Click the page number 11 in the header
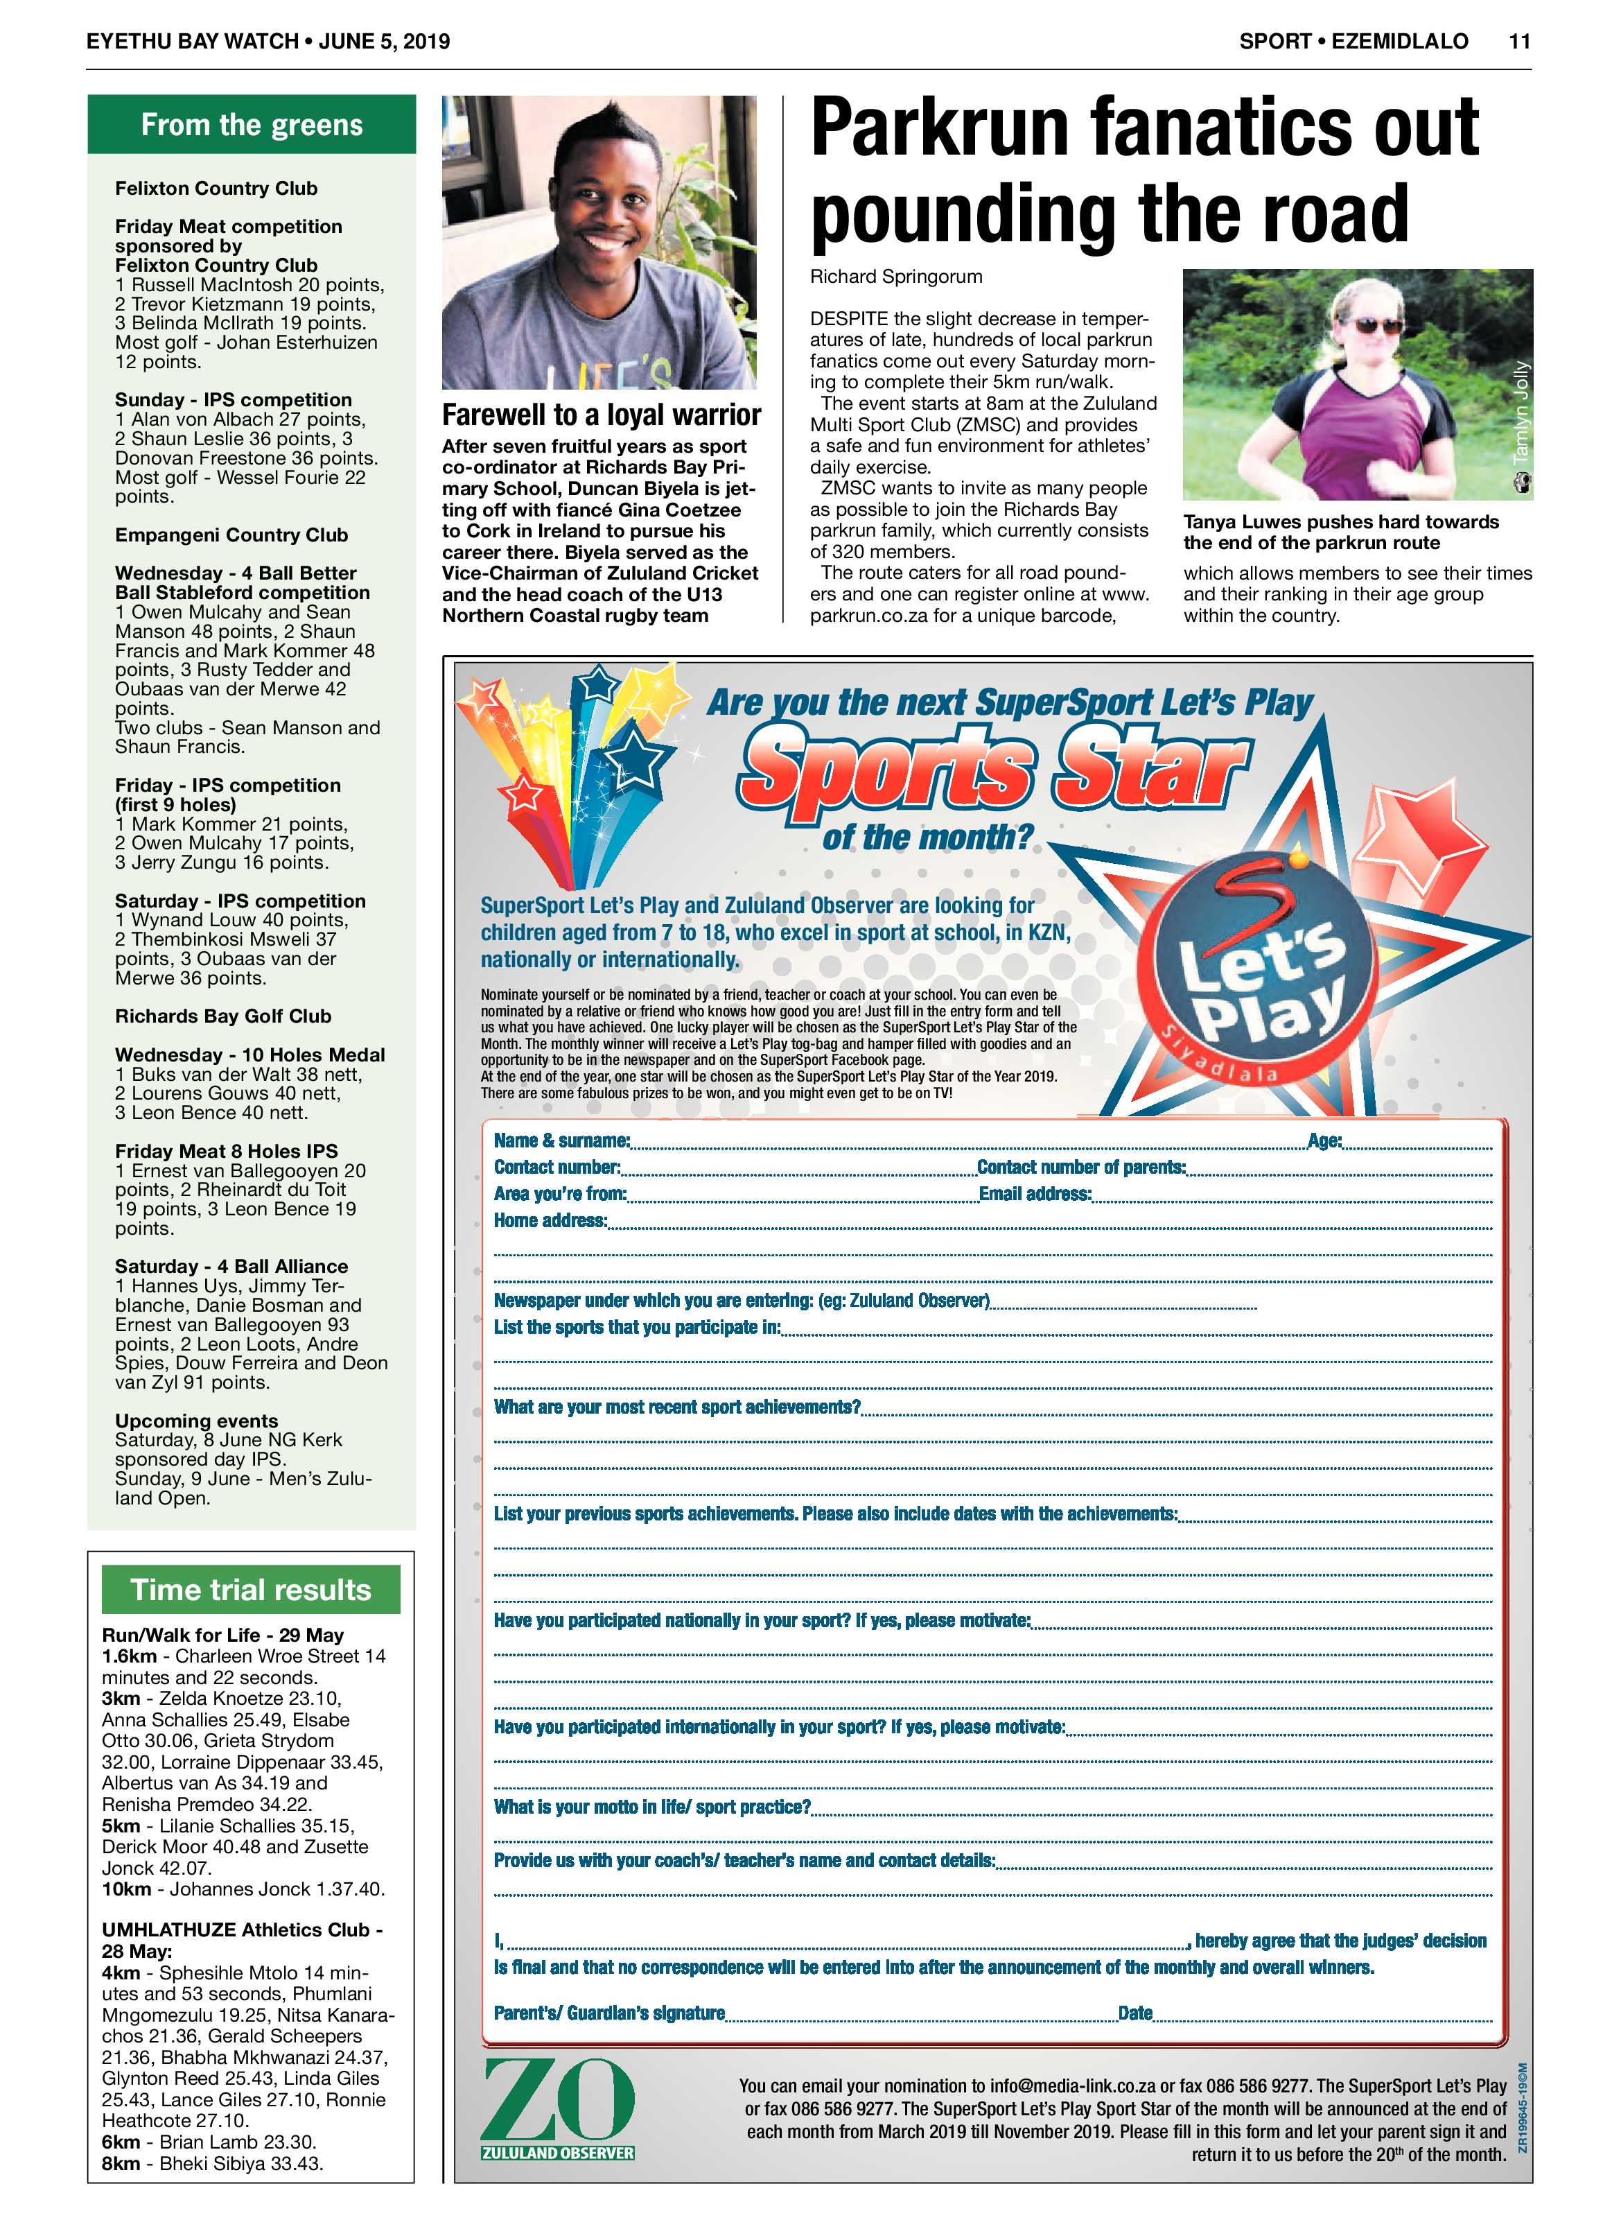[1518, 42]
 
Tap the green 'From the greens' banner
[252, 125]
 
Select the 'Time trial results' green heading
[251, 1590]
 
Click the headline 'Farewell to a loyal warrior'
[601, 415]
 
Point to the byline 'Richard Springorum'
[896, 277]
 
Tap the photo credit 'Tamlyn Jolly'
[1521, 412]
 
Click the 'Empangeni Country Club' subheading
[231, 535]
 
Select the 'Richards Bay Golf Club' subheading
[223, 1016]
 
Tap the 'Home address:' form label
[550, 1221]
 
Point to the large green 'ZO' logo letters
[559, 2103]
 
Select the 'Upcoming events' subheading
[196, 1421]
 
